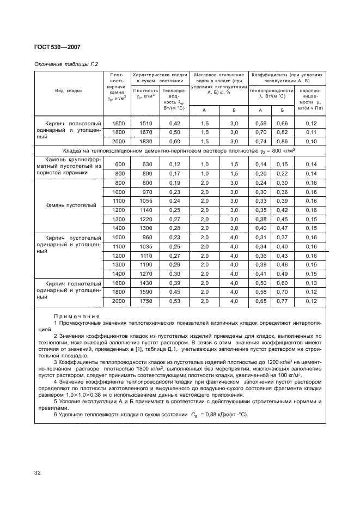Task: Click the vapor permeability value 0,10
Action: (x=311, y=141)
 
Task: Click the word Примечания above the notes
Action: (x=77, y=317)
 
